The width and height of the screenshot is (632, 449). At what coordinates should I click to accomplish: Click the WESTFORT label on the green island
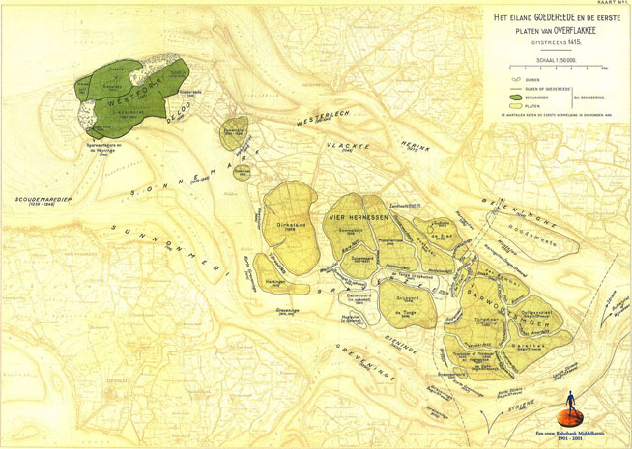[x=129, y=96]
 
